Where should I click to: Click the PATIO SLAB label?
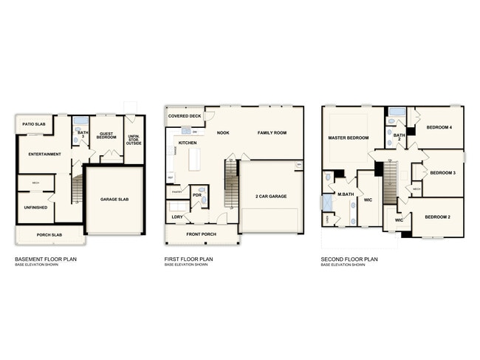click(33, 125)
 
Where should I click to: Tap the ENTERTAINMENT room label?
click(39, 154)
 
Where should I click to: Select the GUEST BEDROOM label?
click(107, 136)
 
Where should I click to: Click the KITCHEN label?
click(188, 142)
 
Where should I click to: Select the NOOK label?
click(223, 133)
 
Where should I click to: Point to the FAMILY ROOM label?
click(271, 133)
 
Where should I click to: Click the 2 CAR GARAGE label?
click(271, 196)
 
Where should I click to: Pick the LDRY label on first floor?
click(177, 217)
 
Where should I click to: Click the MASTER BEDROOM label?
click(348, 138)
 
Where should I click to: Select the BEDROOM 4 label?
click(440, 128)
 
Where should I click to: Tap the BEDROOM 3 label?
click(442, 173)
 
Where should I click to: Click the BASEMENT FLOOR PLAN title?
click(46, 259)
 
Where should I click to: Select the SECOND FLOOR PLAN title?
click(349, 259)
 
